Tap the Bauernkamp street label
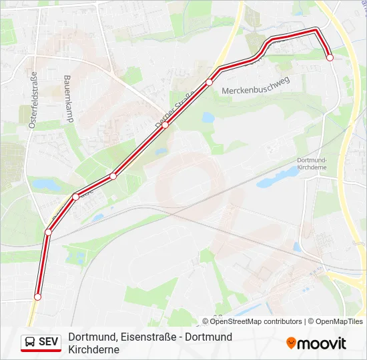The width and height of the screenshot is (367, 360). pos(68,98)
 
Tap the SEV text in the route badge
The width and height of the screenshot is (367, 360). pos(49,343)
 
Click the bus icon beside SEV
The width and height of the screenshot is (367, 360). pos(31,343)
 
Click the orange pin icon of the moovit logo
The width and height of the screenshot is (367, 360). pos(291,343)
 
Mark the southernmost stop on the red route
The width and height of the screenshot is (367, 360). pos(38,297)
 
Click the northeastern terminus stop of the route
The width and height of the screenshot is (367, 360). pos(330,58)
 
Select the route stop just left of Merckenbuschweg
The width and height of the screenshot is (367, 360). pos(209,82)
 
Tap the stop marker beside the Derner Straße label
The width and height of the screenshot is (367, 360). pos(165,125)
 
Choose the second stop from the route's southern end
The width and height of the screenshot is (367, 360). pos(48,232)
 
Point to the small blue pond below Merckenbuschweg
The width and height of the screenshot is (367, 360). pos(208,118)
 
